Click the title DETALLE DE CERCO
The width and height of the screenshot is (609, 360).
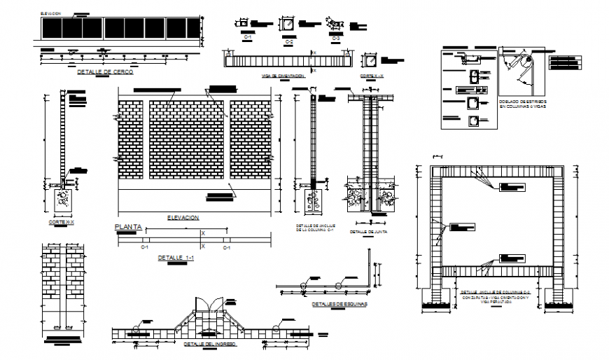(104, 71)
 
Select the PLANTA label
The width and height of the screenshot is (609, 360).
(127, 227)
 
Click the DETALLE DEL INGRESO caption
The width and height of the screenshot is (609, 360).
(209, 345)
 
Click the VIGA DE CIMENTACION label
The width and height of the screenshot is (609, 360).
(282, 75)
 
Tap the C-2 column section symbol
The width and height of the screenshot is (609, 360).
(288, 25)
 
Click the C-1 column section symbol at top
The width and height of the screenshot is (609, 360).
(246, 23)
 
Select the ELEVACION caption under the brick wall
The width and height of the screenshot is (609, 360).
(183, 218)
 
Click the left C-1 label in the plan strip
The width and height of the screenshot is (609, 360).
(145, 247)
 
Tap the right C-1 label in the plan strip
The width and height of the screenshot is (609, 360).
(227, 247)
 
